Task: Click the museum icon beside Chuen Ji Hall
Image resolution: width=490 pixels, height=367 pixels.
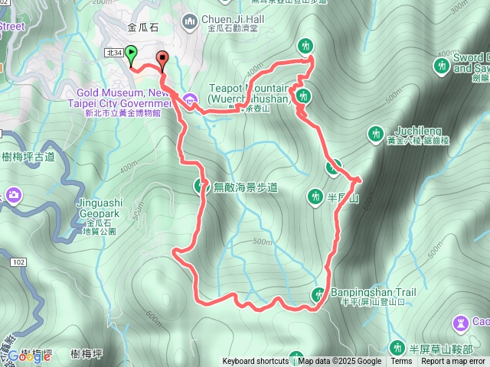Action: [x=190, y=19]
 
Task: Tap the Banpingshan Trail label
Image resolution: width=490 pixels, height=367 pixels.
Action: [x=373, y=292]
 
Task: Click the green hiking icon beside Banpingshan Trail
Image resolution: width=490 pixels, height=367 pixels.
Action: [x=318, y=294]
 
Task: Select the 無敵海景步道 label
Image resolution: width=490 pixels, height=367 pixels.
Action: [x=245, y=186]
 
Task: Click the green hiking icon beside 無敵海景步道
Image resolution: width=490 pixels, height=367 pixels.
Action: [x=202, y=185]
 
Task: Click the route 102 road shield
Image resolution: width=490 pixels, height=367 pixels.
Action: [x=18, y=262]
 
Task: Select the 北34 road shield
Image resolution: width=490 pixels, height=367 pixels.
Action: [x=113, y=52]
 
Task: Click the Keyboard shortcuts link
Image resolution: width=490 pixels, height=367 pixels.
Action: [x=256, y=362]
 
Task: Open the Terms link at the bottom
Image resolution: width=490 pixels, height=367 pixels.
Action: [x=401, y=362]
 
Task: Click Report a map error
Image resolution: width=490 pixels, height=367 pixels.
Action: [x=453, y=362]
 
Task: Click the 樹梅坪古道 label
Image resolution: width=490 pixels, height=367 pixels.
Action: [x=29, y=157]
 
